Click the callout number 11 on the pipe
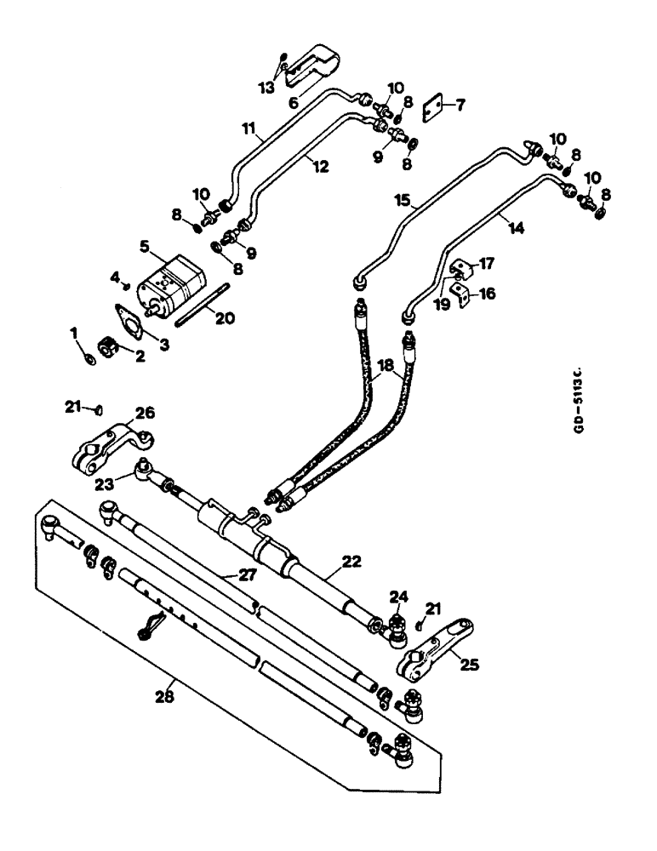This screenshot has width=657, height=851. click(249, 129)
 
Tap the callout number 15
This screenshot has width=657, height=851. click(403, 202)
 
